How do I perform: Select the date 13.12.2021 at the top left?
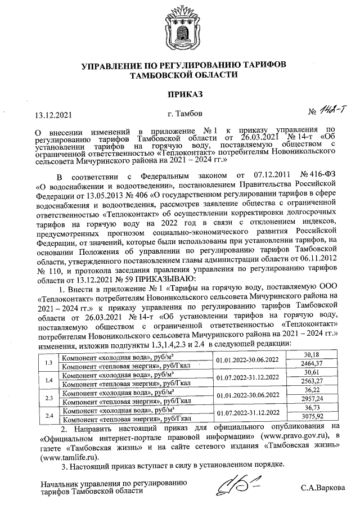coord(54,115)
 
